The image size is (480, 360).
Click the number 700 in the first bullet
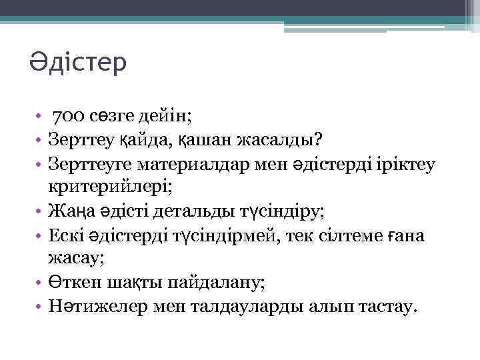tap(68, 117)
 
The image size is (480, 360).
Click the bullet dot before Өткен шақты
tap(39, 283)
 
